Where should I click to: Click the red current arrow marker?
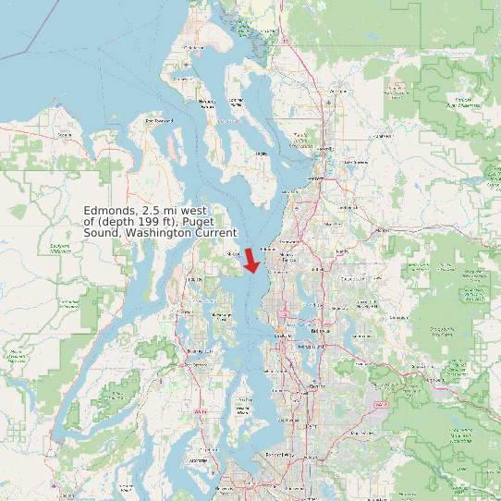click(251, 261)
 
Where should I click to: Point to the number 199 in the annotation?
click(159, 222)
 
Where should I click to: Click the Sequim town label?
click(65, 135)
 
